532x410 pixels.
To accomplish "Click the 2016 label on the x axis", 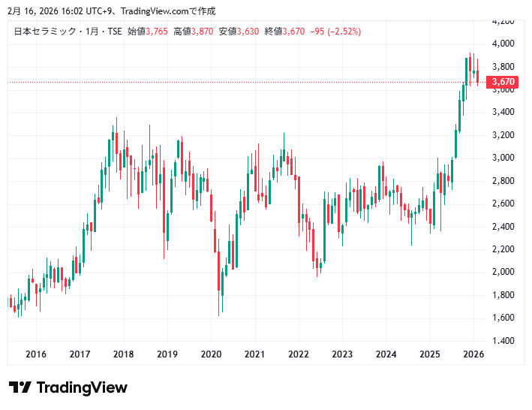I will (36, 354).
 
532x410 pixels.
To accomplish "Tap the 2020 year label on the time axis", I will (211, 354).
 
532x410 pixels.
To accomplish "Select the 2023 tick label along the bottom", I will (342, 354).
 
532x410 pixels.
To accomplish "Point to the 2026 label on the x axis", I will (473, 354).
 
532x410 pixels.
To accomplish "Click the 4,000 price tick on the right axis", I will (503, 44).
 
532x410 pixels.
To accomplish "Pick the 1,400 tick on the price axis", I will (503, 340).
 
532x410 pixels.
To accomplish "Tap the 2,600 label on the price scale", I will (503, 203).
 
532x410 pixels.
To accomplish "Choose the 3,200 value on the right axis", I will (503, 135).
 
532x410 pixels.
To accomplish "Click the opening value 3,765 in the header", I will (158, 31).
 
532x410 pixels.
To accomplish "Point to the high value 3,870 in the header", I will (203, 31).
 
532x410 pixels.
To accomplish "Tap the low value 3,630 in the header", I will (248, 31).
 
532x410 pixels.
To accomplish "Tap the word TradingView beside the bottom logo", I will (82, 387).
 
